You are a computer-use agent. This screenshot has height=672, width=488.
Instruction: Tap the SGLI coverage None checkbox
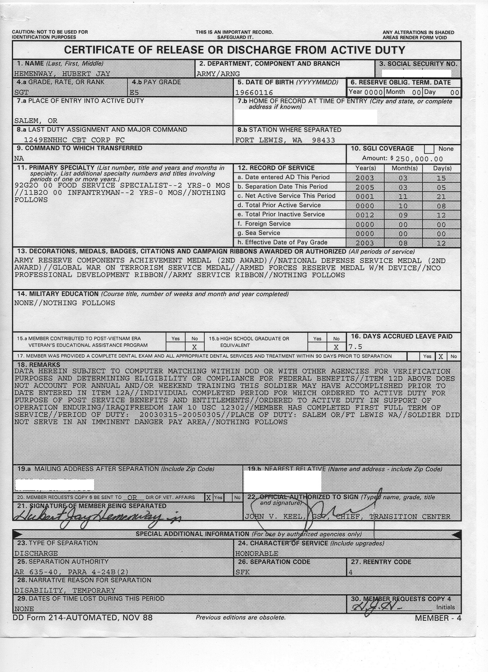[x=429, y=149]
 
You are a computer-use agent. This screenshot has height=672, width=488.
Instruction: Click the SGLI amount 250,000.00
[x=419, y=159]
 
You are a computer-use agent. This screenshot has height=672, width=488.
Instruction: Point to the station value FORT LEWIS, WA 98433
[x=285, y=140]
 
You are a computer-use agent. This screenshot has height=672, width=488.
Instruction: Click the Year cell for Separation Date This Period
[x=364, y=187]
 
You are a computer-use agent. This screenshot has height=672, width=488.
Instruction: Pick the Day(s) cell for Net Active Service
[x=441, y=196]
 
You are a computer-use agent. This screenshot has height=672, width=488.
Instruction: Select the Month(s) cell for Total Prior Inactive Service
[x=403, y=215]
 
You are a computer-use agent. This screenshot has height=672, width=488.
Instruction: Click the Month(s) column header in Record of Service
[x=404, y=168]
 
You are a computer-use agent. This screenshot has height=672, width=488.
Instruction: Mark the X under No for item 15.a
[x=194, y=347]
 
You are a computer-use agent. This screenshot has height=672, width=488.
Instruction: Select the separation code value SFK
[x=242, y=572]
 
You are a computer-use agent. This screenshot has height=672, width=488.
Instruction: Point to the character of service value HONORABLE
[x=256, y=553]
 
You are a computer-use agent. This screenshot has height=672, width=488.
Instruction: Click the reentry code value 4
[x=351, y=572]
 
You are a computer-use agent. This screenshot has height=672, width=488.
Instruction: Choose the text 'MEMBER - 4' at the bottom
[x=438, y=618]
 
